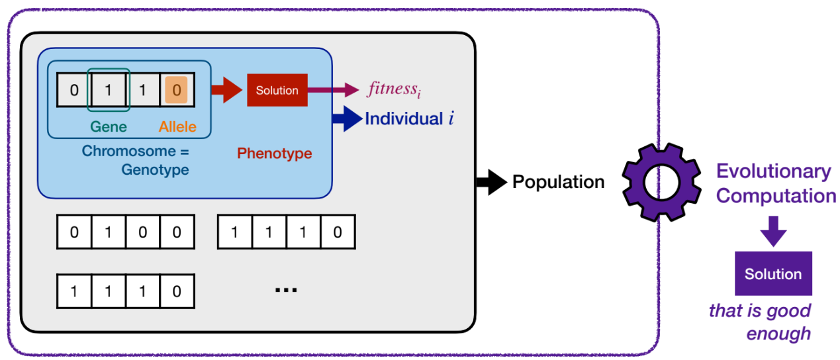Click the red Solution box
pos(277,90)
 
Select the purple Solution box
pos(772,274)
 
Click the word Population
pos(558,182)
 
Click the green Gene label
pos(109,126)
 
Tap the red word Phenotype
pos(274,154)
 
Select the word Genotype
pos(155,170)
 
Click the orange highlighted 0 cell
pos(176,89)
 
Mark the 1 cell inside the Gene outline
pos(109,89)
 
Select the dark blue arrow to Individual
pos(347,119)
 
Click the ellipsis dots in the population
pos(285,289)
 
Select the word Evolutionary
pos(773,171)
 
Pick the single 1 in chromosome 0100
pos(108,232)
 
